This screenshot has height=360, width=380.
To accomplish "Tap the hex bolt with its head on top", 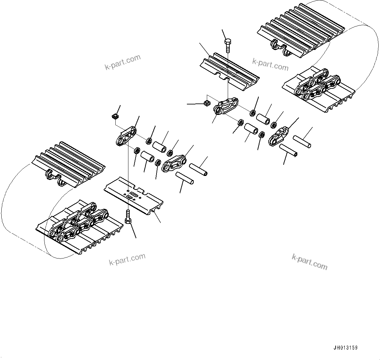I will [x=228, y=45].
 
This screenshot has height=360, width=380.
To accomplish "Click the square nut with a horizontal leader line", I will [x=206, y=103].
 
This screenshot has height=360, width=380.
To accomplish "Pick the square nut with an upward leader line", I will [x=115, y=116].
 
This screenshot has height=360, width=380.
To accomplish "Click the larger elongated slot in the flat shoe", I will [x=133, y=196].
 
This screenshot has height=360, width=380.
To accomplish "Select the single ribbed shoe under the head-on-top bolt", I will [x=229, y=70].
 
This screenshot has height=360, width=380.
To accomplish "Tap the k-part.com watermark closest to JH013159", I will [x=309, y=262].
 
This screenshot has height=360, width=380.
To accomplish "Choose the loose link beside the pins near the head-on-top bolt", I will [x=279, y=136].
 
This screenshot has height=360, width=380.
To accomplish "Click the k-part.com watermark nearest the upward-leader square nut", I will [x=123, y=62].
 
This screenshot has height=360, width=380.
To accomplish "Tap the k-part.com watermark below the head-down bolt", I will [x=127, y=259].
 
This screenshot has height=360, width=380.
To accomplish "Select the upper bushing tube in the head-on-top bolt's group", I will [x=263, y=118].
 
